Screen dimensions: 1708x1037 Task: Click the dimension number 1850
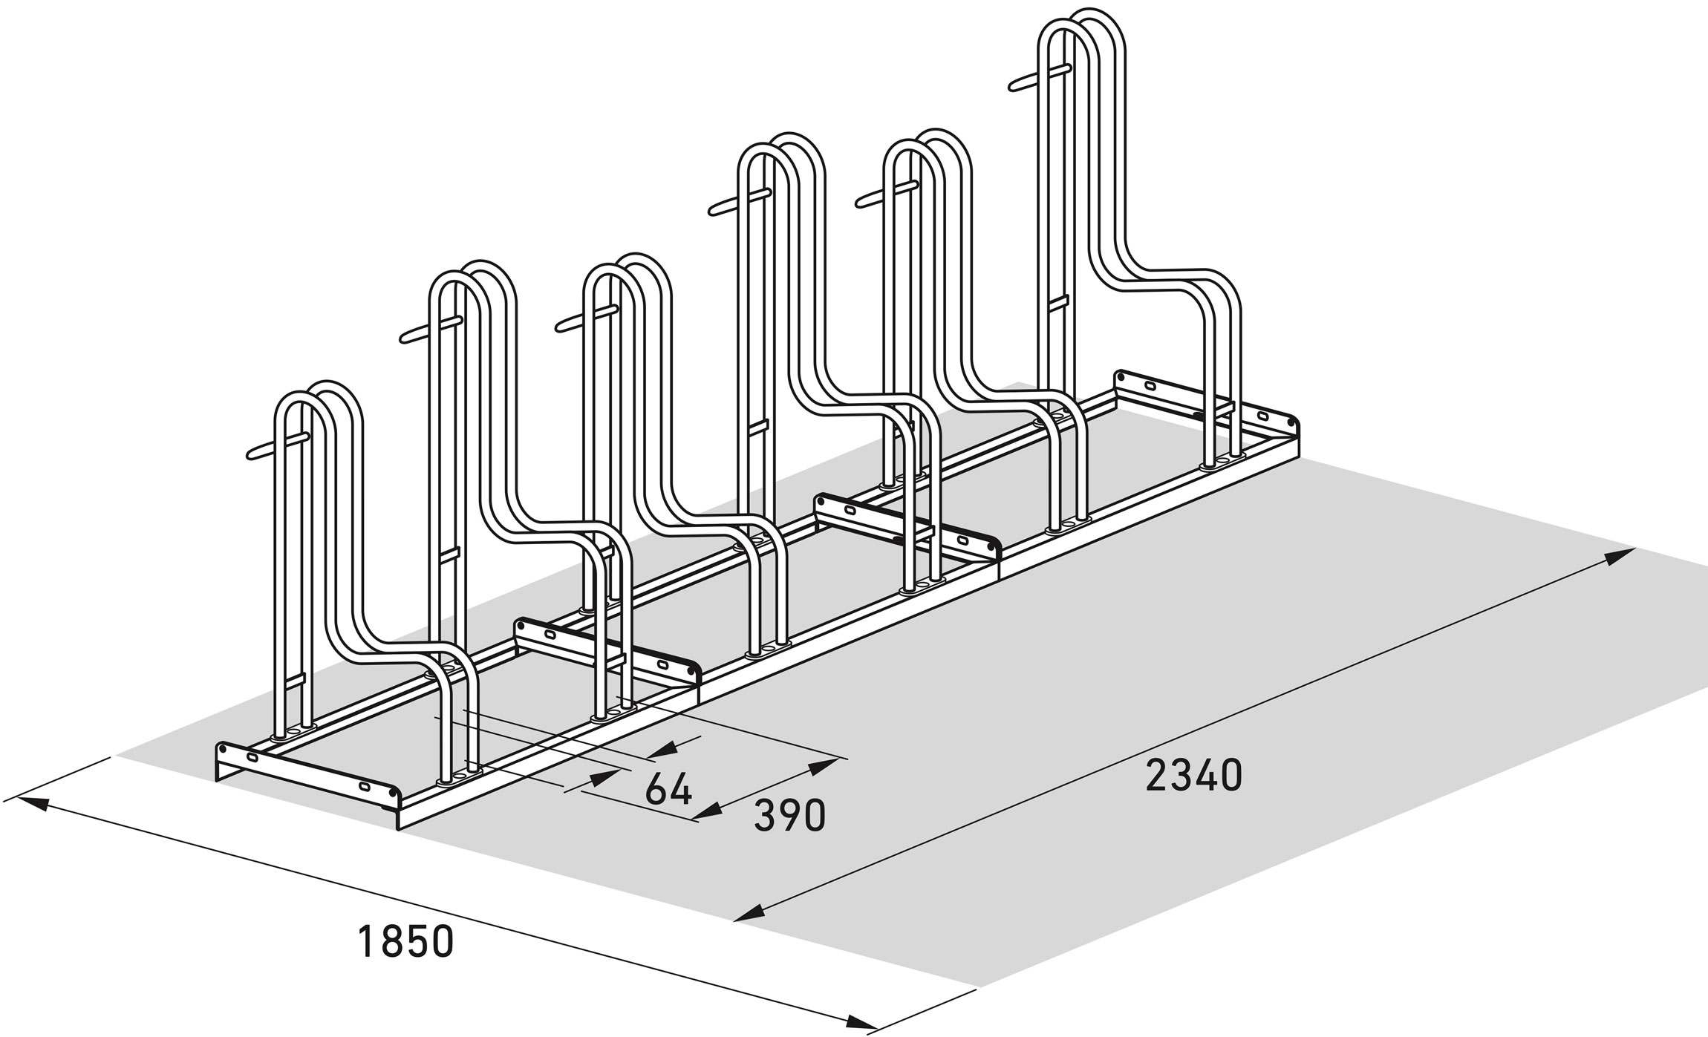405,940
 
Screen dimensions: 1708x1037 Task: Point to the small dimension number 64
669,789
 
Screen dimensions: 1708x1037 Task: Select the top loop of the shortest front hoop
319,397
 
